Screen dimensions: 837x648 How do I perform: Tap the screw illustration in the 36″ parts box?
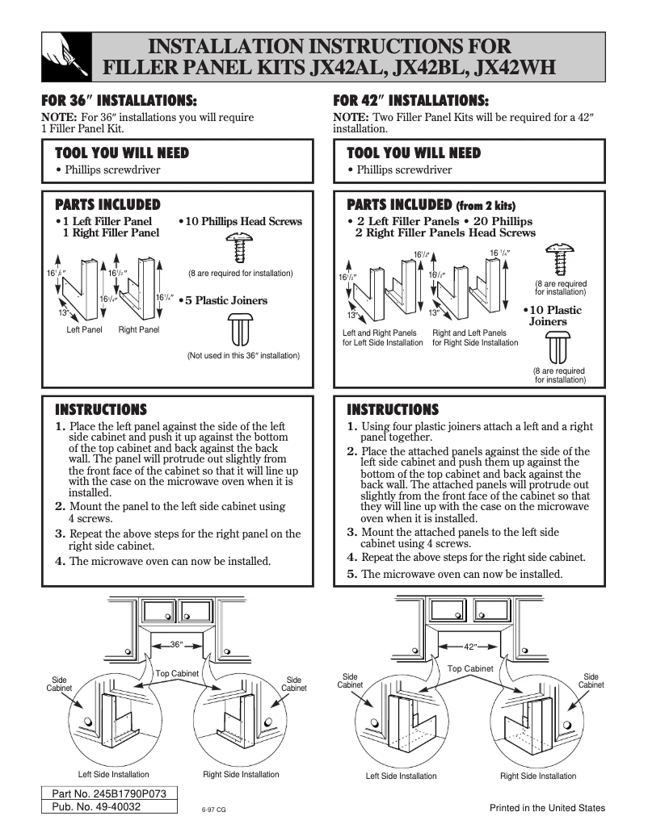238,245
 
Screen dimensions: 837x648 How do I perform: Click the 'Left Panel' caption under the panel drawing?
84,330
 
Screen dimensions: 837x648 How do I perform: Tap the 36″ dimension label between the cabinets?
178,645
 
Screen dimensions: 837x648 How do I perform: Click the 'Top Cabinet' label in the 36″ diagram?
177,673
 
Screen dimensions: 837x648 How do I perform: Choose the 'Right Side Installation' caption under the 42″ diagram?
538,776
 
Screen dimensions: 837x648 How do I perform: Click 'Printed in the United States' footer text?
547,809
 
